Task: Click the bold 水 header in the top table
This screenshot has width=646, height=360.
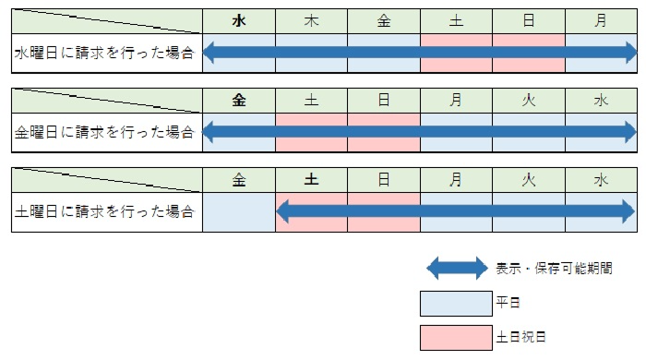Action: tap(239, 21)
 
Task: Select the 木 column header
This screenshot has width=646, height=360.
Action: tap(311, 21)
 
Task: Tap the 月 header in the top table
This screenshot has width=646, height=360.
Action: tap(601, 21)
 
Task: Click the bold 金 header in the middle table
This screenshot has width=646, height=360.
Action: tap(239, 101)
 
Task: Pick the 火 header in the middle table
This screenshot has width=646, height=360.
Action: tap(529, 101)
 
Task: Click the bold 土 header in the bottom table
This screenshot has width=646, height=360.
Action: tap(311, 180)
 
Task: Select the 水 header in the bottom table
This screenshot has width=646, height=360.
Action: tap(601, 180)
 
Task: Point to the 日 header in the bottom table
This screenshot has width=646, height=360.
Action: tap(384, 180)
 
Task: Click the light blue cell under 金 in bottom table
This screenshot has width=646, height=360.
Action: tap(239, 212)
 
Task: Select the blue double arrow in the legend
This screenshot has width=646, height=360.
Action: tap(457, 270)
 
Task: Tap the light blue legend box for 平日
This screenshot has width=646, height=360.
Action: tap(457, 304)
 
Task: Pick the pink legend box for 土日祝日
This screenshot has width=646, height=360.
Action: tap(457, 338)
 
